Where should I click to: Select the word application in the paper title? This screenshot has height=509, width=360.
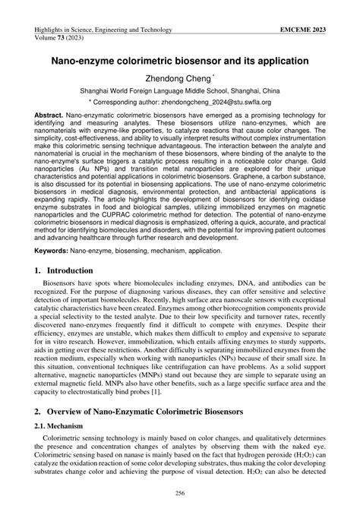275,57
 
